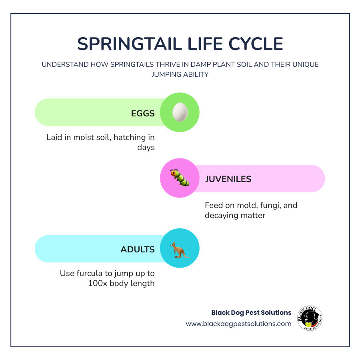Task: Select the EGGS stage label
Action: click(x=143, y=113)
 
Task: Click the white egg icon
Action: click(x=180, y=112)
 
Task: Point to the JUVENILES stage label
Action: click(x=228, y=179)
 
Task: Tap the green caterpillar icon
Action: click(x=180, y=178)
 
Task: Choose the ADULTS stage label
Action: click(x=138, y=250)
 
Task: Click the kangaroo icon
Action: click(x=180, y=249)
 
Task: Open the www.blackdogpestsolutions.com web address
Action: click(x=238, y=324)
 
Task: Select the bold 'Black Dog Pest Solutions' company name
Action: click(x=251, y=312)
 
